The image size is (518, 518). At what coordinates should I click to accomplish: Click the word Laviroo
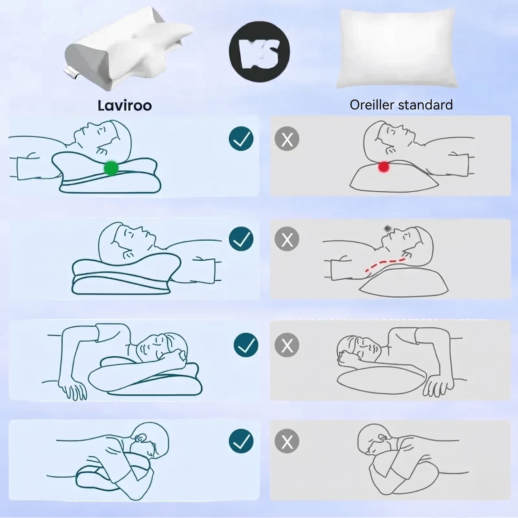124,105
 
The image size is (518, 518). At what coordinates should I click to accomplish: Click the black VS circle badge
260,51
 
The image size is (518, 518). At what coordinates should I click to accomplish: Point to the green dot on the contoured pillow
111,168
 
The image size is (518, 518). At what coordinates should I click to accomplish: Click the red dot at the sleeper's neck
384,167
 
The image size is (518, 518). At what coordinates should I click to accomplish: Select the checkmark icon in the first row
241,138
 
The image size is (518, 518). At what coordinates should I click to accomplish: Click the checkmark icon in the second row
241,239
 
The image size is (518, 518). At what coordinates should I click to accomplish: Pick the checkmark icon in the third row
246,345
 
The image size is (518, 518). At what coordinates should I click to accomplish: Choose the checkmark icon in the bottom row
241,441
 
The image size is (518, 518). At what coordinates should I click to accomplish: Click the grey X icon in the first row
287,138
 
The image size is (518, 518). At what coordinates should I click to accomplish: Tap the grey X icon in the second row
287,239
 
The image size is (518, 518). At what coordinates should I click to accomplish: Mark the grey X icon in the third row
287,345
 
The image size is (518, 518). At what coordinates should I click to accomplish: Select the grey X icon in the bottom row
287,441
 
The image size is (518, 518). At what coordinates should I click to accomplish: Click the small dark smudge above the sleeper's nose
388,228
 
